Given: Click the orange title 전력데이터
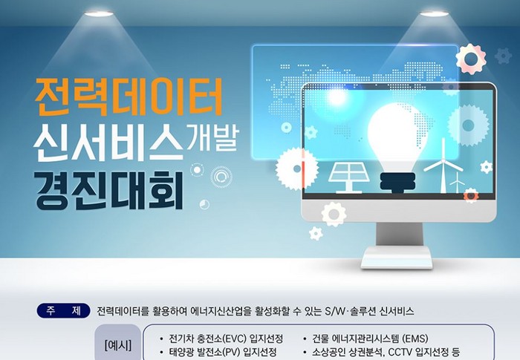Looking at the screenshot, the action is pyautogui.click(x=129, y=96).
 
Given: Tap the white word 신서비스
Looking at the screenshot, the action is pyautogui.click(x=108, y=143).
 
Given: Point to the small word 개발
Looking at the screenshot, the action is pyautogui.click(x=212, y=137).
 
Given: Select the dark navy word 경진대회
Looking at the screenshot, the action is pyautogui.click(x=108, y=190).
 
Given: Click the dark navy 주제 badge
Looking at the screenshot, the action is pyautogui.click(x=63, y=311).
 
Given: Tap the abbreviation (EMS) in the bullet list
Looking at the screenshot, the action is pyautogui.click(x=415, y=338).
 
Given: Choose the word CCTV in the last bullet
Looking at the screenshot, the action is pyautogui.click(x=400, y=352).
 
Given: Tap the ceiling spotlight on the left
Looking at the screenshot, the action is pyautogui.click(x=99, y=13).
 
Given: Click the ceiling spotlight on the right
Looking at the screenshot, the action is pyautogui.click(x=434, y=13).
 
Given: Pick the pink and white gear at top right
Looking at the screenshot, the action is pyautogui.click(x=471, y=59).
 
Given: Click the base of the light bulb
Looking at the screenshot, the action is pyautogui.click(x=397, y=183).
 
